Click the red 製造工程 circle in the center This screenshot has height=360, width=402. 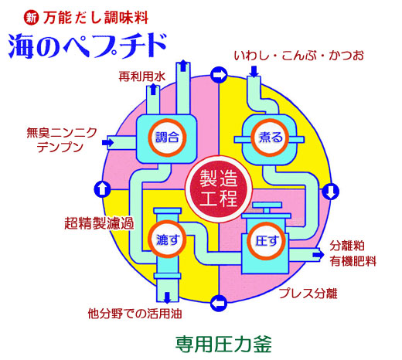218,189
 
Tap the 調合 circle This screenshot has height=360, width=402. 167,138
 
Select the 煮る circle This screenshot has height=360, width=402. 270,138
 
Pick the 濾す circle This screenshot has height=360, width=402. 167,239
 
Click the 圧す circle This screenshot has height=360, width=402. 266,241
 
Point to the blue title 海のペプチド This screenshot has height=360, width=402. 87,46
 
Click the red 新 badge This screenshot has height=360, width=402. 31,18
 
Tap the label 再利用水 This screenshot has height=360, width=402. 142,76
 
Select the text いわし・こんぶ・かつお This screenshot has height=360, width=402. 299,56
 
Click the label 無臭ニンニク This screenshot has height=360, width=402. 62,133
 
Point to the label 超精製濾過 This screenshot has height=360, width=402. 99,223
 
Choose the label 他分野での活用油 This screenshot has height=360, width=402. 135,314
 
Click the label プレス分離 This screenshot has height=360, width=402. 308,293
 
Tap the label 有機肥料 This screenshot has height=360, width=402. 353,261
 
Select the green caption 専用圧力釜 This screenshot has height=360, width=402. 223,344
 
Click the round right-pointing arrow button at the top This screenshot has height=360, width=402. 219,75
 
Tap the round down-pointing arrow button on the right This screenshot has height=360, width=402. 330,191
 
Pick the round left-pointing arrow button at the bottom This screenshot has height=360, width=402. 219,303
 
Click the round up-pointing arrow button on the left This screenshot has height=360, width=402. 103,189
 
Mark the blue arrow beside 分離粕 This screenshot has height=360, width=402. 319,254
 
